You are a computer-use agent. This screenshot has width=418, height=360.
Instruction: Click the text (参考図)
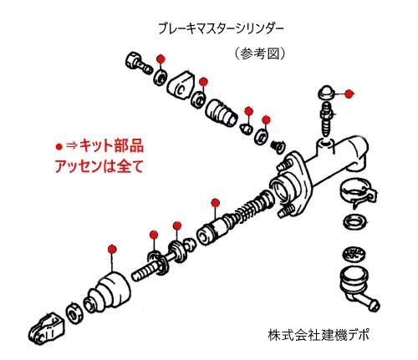pyautogui.click(x=262, y=53)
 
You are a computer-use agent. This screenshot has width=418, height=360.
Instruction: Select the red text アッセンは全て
pyautogui.click(x=88, y=165)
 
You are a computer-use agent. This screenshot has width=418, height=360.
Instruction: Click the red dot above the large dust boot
pyautogui.click(x=112, y=249)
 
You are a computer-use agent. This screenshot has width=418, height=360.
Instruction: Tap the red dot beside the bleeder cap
pyautogui.click(x=349, y=94)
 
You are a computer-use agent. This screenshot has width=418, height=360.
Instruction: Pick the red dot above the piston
pyautogui.click(x=215, y=201)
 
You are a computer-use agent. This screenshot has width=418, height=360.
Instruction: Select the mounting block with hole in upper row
pyautogui.click(x=181, y=86)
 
